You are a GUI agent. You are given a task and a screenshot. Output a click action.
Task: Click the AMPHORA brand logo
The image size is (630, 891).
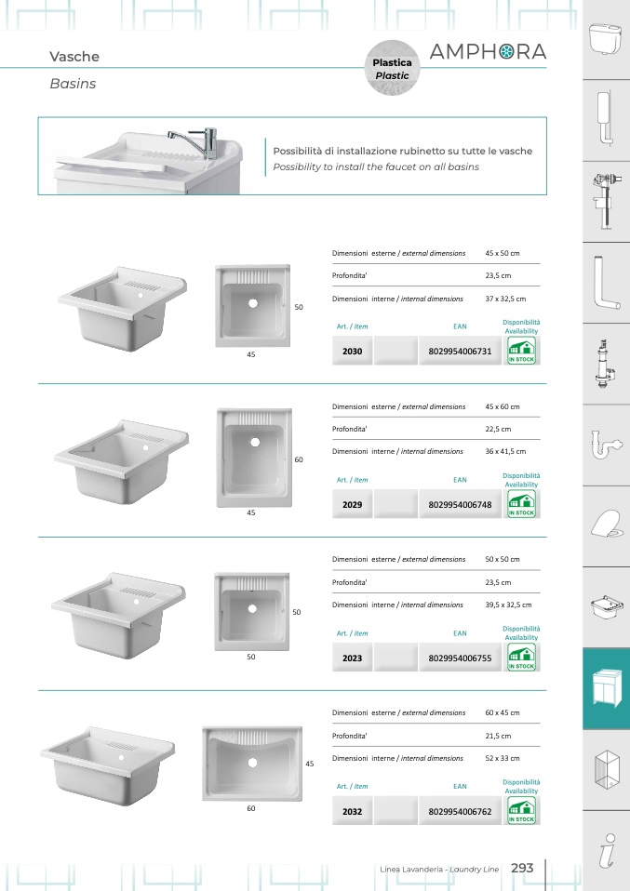[488, 52]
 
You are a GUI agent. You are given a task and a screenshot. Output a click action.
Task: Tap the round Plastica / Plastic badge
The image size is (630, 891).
[392, 68]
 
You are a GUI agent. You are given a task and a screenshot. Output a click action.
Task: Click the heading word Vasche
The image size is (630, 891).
[74, 56]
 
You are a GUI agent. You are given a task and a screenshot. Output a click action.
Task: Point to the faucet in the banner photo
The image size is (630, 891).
[196, 141]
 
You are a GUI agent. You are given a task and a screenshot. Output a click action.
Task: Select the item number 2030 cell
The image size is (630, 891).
[352, 352]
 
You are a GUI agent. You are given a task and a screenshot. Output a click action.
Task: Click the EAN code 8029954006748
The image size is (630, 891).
[460, 505]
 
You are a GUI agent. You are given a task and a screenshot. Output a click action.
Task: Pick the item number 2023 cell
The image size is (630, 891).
[352, 658]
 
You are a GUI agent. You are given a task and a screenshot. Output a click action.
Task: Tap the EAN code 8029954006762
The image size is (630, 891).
[460, 811]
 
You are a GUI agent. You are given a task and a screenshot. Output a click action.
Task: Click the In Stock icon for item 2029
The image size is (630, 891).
[521, 504]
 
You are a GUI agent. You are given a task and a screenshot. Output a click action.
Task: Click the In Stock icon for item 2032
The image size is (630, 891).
[521, 811]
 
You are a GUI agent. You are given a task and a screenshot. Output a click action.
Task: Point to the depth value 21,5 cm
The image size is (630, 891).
[498, 736]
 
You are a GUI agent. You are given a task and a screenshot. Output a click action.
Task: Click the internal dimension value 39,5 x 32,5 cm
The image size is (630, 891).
[508, 605]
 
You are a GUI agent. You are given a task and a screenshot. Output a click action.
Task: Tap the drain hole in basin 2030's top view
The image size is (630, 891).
[253, 303]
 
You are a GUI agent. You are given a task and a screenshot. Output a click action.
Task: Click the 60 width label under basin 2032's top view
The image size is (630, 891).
[250, 808]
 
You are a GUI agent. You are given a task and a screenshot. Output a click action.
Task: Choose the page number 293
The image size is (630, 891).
[522, 868]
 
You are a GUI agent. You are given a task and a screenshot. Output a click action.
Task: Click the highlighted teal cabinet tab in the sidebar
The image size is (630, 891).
[606, 688]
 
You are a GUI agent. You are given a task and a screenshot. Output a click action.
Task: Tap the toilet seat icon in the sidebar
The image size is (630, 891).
[606, 524]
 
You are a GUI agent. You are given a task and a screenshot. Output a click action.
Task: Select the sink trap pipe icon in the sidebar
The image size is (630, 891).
[606, 444]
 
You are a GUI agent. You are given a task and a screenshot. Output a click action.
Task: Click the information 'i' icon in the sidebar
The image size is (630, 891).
[608, 851]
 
